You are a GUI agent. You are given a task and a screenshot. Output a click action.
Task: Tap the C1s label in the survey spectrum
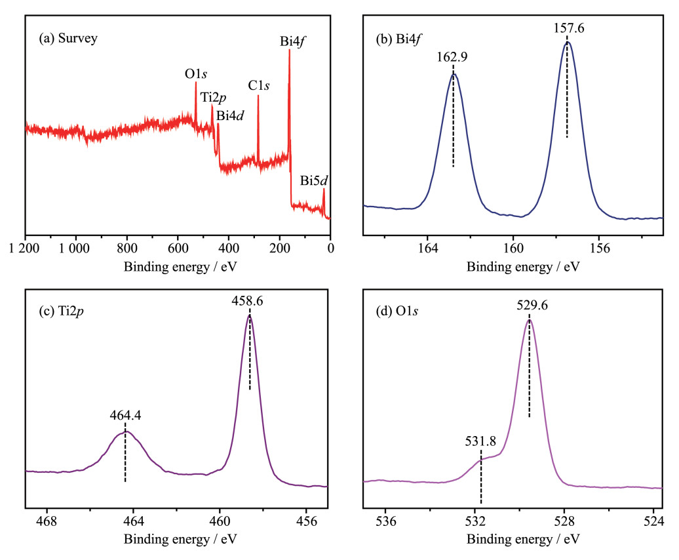coord(259,86)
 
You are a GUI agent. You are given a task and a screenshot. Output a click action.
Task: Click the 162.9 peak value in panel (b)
coord(452,57)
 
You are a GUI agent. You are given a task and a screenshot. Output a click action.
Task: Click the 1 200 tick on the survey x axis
coord(26,249)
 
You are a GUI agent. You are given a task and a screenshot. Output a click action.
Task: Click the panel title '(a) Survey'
coord(68,39)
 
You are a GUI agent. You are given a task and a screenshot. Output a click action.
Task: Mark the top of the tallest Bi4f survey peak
coord(289,50)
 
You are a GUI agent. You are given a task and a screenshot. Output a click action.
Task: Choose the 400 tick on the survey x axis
coord(229,249)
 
